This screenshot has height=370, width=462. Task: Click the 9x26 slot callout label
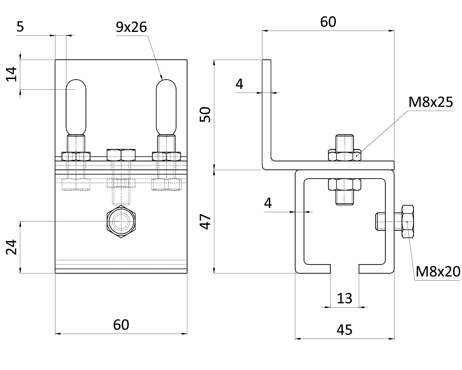131,27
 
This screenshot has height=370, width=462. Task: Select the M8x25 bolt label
431,102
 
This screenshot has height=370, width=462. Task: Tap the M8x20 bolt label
438,271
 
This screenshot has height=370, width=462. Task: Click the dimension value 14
12,74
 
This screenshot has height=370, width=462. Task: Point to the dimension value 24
12,247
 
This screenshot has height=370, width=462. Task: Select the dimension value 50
207,114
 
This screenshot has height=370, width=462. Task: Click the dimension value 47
207,222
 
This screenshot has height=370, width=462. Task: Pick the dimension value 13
345,298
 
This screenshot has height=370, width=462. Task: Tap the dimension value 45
345,330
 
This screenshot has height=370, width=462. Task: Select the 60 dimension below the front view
121,325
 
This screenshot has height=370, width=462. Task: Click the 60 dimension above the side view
328,22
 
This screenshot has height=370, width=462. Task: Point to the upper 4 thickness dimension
239,84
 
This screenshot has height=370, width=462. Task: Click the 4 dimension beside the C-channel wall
268,202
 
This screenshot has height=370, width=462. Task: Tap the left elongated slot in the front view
75,107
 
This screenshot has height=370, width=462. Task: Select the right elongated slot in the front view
166,107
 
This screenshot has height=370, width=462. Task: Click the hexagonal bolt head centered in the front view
121,222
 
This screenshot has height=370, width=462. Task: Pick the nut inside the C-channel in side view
345,185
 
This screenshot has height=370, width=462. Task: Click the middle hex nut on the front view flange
121,154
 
